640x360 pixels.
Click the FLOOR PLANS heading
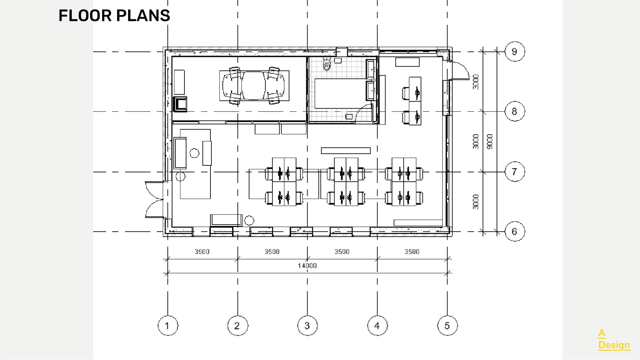114,16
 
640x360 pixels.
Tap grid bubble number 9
514,52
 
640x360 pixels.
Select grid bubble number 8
514,111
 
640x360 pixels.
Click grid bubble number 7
514,172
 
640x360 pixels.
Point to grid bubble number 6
514,231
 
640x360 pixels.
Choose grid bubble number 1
167,326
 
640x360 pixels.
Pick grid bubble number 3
307,326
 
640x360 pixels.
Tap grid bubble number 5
447,326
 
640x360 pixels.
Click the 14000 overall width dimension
307,266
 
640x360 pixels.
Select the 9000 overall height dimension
490,142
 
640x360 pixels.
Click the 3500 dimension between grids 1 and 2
202,252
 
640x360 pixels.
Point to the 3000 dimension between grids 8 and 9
476,82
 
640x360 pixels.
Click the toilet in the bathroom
327,64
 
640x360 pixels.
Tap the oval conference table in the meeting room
254,85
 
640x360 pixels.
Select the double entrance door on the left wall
153,199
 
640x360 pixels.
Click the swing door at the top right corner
460,71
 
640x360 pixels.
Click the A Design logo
614,339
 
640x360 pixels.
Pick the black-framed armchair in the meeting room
180,104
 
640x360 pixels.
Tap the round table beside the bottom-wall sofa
249,220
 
